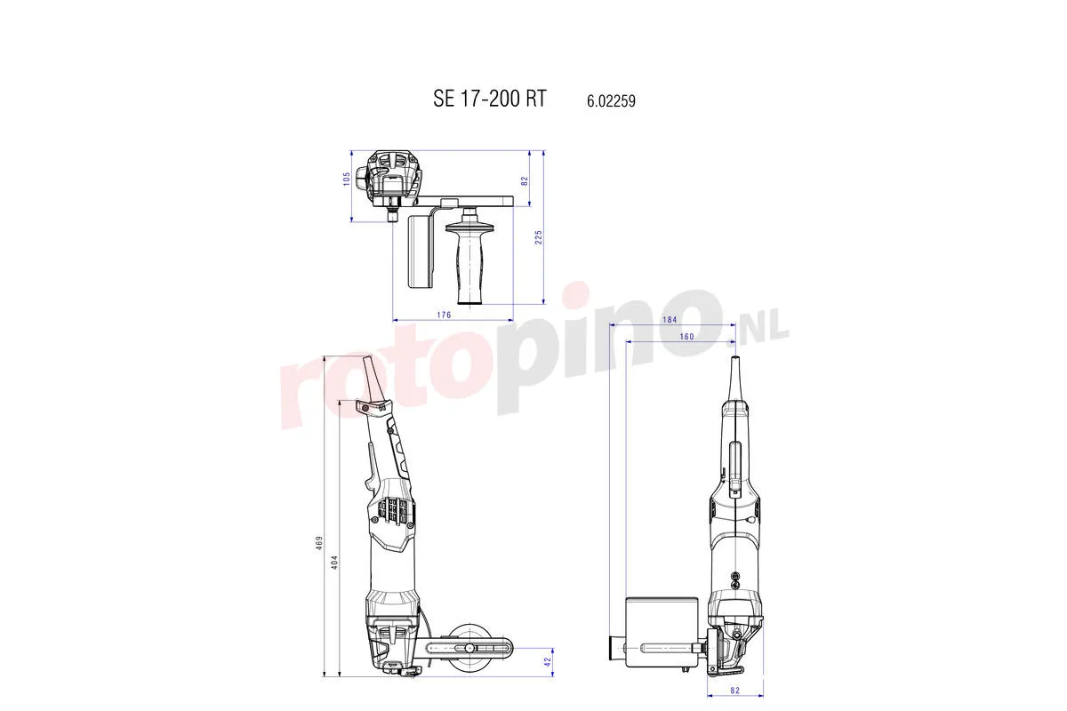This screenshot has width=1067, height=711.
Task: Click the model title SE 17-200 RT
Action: pyautogui.click(x=489, y=99)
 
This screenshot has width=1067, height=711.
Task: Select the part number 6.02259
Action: pyautogui.click(x=611, y=101)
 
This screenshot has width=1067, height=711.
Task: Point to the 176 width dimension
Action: pyautogui.click(x=445, y=315)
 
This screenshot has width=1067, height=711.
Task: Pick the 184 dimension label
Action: pyautogui.click(x=670, y=320)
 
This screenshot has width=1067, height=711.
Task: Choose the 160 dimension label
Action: pyautogui.click(x=686, y=336)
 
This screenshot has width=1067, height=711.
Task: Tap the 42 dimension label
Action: pyautogui.click(x=549, y=660)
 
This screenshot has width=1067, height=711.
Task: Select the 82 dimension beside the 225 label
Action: pyautogui.click(x=525, y=180)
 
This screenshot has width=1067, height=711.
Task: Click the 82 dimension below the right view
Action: pyautogui.click(x=735, y=689)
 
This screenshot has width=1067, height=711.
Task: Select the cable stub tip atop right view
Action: pyautogui.click(x=735, y=366)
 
